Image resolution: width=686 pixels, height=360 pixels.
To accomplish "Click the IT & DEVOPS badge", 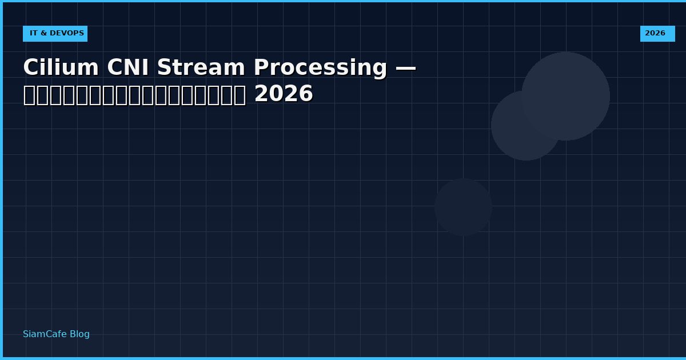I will [55, 34].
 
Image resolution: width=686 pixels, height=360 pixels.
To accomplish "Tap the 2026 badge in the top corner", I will [657, 34].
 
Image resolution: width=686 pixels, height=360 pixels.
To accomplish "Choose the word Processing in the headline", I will [320, 68].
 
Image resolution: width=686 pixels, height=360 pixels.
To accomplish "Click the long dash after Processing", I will [405, 68].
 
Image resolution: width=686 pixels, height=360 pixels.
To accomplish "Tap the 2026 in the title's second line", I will [284, 94].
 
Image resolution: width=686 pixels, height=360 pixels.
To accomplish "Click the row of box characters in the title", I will [134, 95].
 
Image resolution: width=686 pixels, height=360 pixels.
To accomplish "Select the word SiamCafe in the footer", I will [45, 334].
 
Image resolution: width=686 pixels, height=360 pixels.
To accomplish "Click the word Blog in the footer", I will [79, 334].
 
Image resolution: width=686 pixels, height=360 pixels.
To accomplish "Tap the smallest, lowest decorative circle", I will [463, 207].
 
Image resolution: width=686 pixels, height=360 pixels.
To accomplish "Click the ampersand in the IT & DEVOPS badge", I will [43, 34].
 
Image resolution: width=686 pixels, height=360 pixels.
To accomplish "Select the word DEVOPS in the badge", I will [67, 34].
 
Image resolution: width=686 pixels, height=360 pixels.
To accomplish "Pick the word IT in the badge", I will [34, 34].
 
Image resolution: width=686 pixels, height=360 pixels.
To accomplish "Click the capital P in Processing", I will [260, 68].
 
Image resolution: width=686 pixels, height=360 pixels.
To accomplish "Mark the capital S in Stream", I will [164, 68].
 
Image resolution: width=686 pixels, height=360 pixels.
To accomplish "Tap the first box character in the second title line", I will [29, 95].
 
